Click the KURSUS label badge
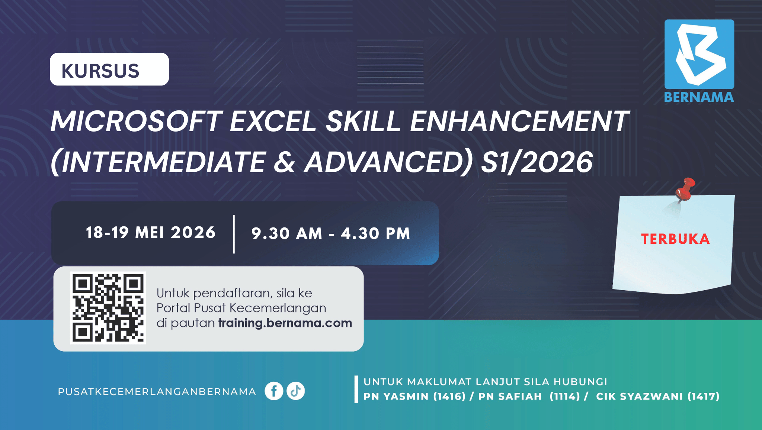(x=109, y=69)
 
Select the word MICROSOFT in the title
(x=137, y=122)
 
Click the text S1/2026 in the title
(x=537, y=162)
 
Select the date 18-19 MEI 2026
(x=151, y=233)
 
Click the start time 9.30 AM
(x=286, y=234)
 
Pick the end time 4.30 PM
(x=375, y=234)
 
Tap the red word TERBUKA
(x=675, y=239)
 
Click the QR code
(x=108, y=308)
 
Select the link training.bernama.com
(x=285, y=323)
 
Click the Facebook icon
(x=274, y=391)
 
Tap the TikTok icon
(x=296, y=391)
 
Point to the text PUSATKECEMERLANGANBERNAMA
(x=157, y=392)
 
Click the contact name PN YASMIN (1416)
(x=414, y=397)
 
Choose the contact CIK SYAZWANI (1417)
(x=658, y=397)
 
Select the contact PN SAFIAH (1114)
(x=529, y=397)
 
